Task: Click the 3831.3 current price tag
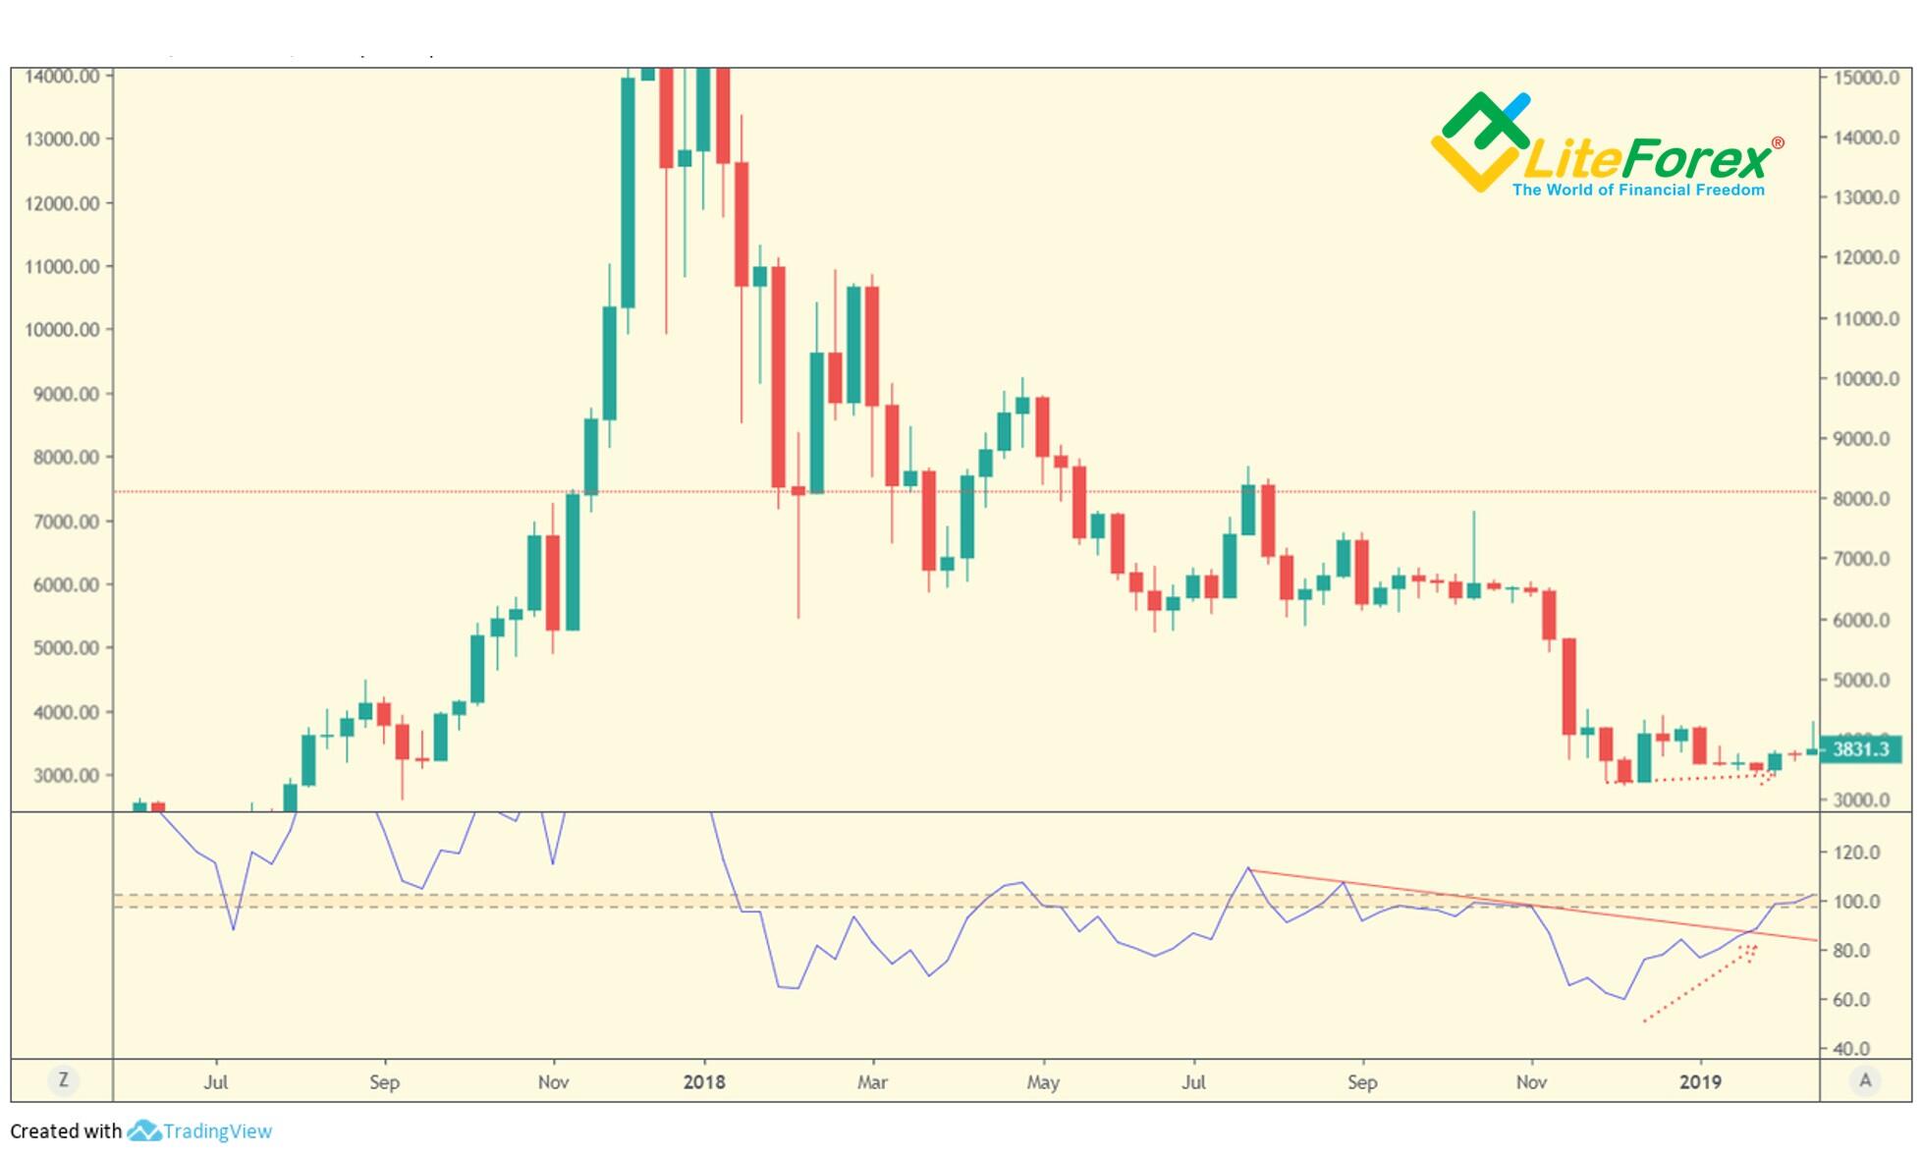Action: pos(1860,749)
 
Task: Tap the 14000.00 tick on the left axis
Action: pos(62,76)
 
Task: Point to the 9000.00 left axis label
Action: pos(62,394)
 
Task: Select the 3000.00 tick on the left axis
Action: pos(62,775)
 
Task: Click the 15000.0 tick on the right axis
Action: pos(1866,78)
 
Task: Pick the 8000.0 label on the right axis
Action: pos(1861,499)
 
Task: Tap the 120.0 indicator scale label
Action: pos(1857,853)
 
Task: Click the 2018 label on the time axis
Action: pos(704,1082)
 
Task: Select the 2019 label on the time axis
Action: pos(1700,1082)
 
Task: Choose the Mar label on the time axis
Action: pos(872,1082)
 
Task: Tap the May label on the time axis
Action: pos(1043,1082)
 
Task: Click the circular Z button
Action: pos(64,1080)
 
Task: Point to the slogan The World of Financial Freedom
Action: pos(1638,190)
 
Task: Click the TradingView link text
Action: pos(217,1131)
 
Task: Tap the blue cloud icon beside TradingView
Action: pos(143,1131)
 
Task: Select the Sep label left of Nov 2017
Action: pos(384,1082)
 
